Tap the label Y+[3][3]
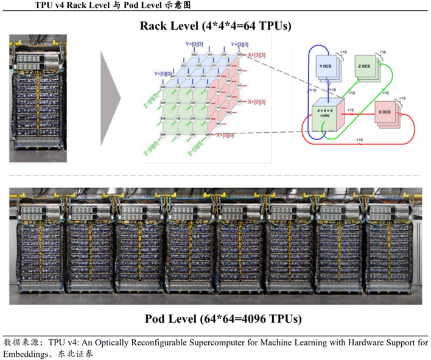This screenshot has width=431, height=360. click(x=240, y=44)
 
